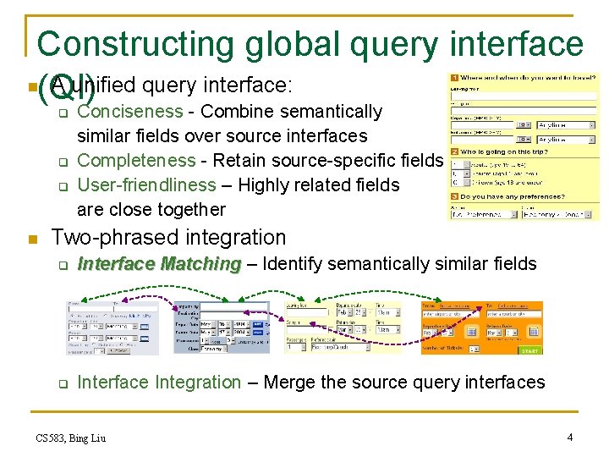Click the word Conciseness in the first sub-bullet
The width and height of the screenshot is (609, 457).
click(129, 112)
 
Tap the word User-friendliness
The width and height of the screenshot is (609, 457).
click(146, 184)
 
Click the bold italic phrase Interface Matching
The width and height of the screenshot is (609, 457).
click(159, 264)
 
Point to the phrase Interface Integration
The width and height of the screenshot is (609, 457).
click(159, 383)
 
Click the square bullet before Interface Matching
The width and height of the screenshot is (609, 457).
click(62, 266)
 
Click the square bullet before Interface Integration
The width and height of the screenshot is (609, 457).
click(62, 384)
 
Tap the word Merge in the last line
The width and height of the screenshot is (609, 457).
click(288, 383)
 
